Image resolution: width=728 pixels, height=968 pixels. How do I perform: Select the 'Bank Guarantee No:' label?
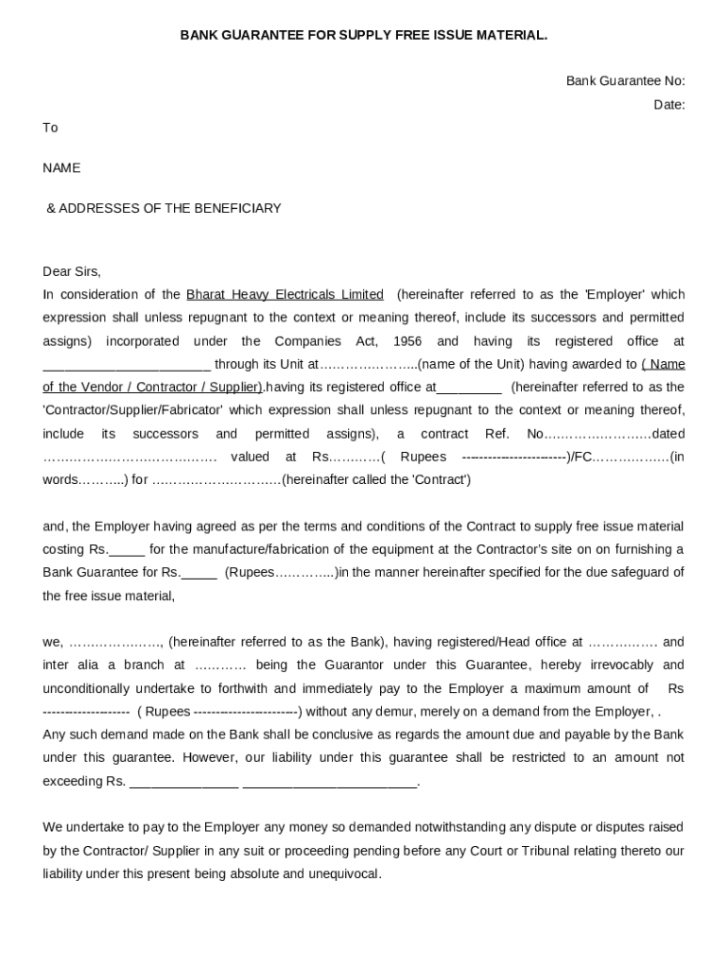pyautogui.click(x=625, y=81)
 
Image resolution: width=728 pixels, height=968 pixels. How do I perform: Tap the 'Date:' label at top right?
pyautogui.click(x=668, y=105)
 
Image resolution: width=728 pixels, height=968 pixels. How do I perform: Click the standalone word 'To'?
pyautogui.click(x=50, y=128)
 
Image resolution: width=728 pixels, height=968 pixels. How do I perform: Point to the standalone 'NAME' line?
pyautogui.click(x=61, y=168)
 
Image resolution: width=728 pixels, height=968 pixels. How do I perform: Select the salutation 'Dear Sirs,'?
pyautogui.click(x=72, y=271)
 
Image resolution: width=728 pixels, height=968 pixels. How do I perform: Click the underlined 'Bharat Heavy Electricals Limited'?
pyautogui.click(x=285, y=295)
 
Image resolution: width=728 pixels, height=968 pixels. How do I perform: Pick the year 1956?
pyautogui.click(x=407, y=341)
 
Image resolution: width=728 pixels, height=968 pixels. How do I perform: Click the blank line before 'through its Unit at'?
pyautogui.click(x=126, y=365)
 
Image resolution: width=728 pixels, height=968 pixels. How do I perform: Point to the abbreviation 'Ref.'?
pyautogui.click(x=497, y=434)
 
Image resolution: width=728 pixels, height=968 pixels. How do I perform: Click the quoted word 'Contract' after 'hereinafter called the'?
pyautogui.click(x=441, y=480)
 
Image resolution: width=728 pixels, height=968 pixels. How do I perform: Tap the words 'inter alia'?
pyautogui.click(x=69, y=665)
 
